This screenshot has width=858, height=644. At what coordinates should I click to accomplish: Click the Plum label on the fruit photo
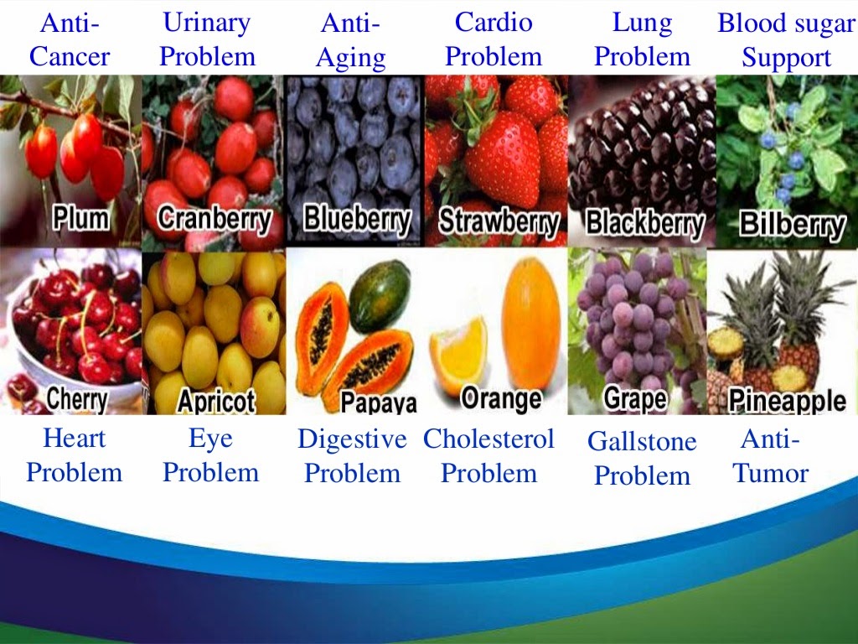81,217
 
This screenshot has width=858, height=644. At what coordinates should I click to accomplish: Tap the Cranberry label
214,219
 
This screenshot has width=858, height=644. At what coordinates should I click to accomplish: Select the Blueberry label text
357,219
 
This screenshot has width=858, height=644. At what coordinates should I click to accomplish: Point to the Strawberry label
499,221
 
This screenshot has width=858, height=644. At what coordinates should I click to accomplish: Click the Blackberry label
644,223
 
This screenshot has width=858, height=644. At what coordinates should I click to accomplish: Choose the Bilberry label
793,225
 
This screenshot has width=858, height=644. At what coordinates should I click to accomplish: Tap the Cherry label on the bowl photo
76,398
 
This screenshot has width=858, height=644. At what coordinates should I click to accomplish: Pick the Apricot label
216,402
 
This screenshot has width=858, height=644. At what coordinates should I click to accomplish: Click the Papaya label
378,402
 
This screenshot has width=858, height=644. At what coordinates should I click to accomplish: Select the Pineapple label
787,401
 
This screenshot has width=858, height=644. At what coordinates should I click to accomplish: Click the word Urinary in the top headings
207,23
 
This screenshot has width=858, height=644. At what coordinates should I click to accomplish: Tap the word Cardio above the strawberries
494,22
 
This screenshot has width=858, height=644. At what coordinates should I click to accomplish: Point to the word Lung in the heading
642,23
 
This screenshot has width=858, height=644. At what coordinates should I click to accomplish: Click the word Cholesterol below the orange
488,439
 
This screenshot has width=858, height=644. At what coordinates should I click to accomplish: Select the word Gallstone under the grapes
642,441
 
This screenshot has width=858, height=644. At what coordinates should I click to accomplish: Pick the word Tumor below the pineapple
771,474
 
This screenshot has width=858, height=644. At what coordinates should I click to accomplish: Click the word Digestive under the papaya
352,439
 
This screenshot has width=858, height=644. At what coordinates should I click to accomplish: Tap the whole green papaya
380,295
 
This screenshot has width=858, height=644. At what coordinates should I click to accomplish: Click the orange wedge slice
458,354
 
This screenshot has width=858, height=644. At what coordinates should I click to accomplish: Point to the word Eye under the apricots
210,439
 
